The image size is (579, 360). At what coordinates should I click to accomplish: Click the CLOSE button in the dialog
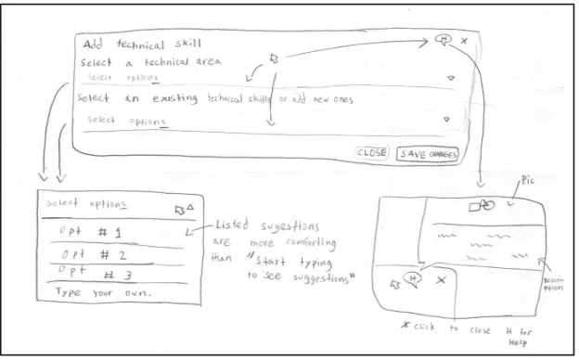[371, 152]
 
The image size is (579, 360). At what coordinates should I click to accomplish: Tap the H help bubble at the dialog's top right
[443, 40]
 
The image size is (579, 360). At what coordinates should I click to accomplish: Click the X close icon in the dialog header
[464, 41]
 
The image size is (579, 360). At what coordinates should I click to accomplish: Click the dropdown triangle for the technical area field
[451, 79]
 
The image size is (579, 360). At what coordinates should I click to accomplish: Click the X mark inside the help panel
[441, 279]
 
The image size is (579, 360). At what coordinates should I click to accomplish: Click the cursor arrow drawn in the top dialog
[274, 58]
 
